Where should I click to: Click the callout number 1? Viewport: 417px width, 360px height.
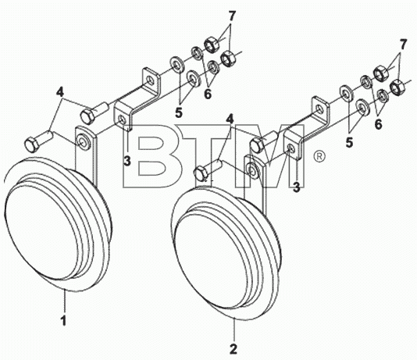tap(63, 321)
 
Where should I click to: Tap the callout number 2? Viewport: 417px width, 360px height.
tap(233, 349)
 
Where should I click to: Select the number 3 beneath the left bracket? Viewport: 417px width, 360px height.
tap(127, 161)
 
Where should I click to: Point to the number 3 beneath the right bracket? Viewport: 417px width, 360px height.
tap(297, 187)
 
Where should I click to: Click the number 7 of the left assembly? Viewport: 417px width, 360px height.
tap(232, 16)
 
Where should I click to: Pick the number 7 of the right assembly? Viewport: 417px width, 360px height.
tap(403, 45)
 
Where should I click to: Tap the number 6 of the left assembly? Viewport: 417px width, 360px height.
tap(208, 94)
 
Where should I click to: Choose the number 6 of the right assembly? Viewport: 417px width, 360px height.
tap(378, 124)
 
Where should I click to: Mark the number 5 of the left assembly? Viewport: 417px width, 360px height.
tap(179, 112)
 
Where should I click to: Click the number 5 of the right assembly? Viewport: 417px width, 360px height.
tap(349, 143)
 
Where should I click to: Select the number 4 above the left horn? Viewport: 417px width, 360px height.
tap(60, 92)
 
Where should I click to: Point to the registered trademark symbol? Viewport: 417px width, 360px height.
tap(319, 156)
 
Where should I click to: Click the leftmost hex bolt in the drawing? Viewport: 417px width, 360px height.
tap(38, 141)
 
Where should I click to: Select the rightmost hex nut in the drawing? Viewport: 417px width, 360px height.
tap(397, 87)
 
